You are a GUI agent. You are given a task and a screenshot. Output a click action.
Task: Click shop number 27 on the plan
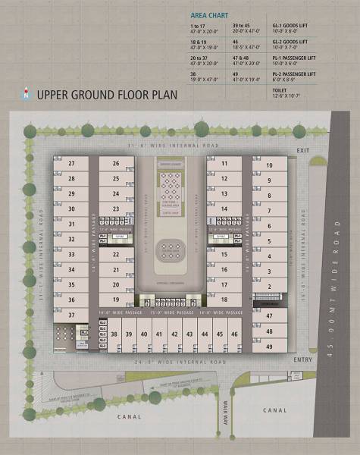pos(71,164)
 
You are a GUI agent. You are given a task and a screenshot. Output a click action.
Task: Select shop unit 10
pos(268,165)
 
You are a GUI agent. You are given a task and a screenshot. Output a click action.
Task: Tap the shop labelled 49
pos(268,347)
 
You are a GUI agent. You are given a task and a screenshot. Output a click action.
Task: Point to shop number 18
pos(224,300)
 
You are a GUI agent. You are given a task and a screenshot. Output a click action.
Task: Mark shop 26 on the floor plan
pos(116,164)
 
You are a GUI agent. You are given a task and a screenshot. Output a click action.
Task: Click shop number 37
pos(71,314)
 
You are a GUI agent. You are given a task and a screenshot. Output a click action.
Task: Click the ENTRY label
pos(302,359)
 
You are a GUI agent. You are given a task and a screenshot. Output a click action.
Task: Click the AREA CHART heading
pos(200,14)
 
